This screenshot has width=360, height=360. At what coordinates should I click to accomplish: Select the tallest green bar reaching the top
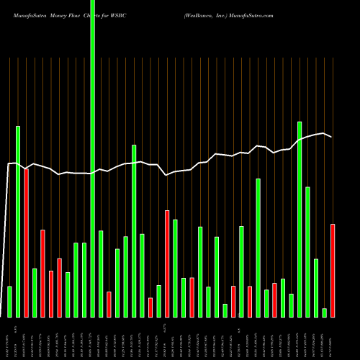(x=93, y=144)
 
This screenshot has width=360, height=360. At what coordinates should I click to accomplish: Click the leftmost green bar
(x=9, y=302)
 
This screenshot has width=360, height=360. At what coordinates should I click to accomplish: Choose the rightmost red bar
(x=333, y=271)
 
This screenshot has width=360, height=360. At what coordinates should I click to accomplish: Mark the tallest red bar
(x=27, y=243)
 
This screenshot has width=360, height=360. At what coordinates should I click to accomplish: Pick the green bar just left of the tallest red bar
(x=18, y=222)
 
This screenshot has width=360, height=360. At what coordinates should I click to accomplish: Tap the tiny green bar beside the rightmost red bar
(x=325, y=312)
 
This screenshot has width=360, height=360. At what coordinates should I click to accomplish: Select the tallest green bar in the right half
(x=300, y=220)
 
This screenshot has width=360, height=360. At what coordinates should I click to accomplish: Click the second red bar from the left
(x=43, y=274)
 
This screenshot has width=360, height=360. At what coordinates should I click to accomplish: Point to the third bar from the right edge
(x=316, y=288)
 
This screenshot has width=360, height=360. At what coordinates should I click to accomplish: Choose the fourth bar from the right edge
(x=308, y=252)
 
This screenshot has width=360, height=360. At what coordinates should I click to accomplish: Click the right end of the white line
(x=331, y=137)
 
